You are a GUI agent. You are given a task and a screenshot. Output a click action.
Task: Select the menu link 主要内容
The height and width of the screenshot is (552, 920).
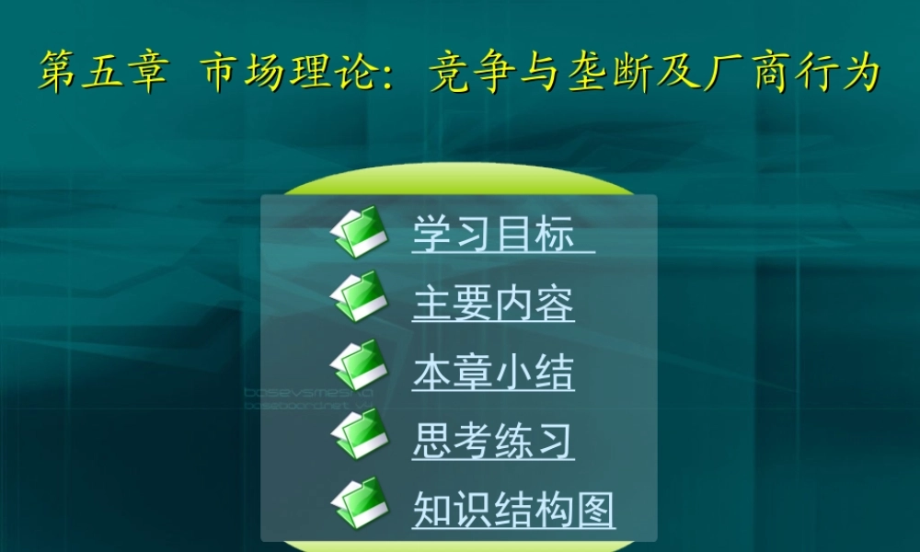point(492,304)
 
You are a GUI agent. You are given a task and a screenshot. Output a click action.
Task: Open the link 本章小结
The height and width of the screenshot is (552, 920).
point(492,374)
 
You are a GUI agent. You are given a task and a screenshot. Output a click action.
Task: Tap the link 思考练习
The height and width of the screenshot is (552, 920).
point(492,442)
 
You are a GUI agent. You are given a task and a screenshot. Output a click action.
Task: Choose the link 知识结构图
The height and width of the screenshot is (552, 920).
point(512,510)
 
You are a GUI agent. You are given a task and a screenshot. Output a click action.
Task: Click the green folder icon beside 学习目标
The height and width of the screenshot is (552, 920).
point(359,232)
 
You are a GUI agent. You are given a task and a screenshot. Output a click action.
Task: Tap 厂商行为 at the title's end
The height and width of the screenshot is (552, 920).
point(792,73)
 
